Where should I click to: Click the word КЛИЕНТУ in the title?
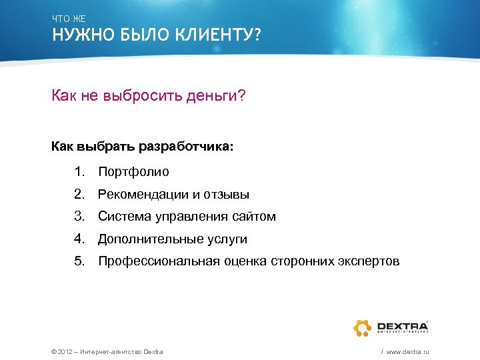click(214, 35)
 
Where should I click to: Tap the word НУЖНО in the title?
click(75, 35)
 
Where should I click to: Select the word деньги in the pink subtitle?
click(215, 97)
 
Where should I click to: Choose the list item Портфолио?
click(133, 172)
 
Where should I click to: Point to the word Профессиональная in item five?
click(158, 261)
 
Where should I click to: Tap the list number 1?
click(79, 172)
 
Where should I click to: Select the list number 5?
click(79, 261)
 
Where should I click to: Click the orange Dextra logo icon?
click(361, 327)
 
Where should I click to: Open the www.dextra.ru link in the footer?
click(407, 351)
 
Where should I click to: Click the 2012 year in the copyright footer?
click(67, 351)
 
